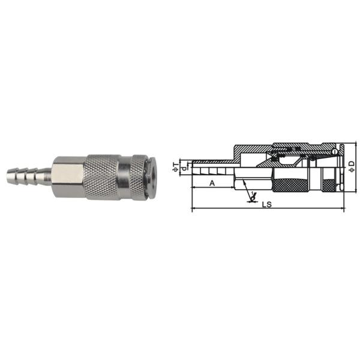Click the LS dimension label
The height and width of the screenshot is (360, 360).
(x=268, y=204)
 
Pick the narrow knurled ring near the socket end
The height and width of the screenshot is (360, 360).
(x=137, y=176)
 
